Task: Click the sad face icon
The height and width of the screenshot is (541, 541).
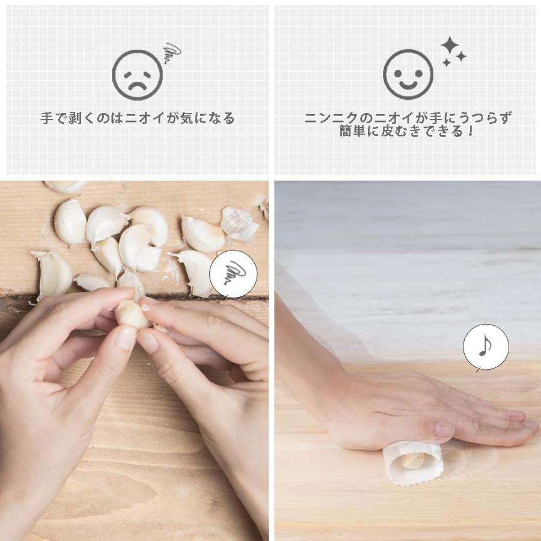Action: [137, 75]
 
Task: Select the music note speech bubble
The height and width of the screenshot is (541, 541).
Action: [486, 347]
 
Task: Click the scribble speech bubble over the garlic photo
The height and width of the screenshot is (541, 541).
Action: [233, 275]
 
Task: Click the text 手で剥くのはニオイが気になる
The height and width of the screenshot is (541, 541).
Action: [138, 118]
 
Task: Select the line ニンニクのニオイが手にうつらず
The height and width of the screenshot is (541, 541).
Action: [408, 118]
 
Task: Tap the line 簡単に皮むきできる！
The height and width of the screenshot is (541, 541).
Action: [408, 132]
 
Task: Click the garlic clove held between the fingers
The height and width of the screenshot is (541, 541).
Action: [132, 313]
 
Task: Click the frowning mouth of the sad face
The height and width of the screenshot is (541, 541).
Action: [137, 85]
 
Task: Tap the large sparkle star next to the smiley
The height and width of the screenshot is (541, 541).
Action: [449, 46]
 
